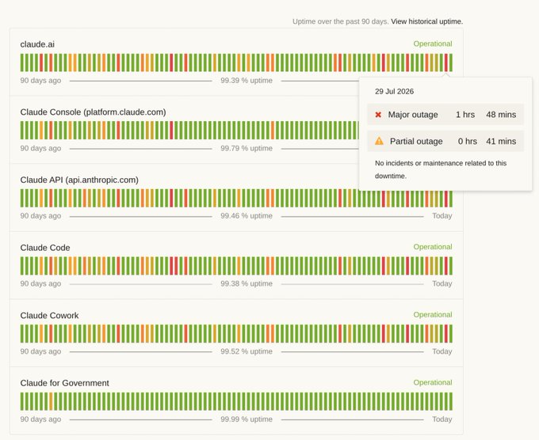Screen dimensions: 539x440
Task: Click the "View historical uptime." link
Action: [427, 21]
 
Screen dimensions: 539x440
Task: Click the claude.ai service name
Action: [37, 44]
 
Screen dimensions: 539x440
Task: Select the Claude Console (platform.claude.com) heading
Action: [94, 112]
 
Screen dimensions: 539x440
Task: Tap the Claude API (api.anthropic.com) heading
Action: [79, 180]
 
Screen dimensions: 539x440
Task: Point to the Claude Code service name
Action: [45, 248]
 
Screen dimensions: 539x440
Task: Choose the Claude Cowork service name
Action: [49, 316]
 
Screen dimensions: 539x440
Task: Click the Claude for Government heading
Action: [65, 383]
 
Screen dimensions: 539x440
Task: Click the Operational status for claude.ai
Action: [433, 44]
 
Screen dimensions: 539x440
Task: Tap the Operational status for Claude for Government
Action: [433, 382]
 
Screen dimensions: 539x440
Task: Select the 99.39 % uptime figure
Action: [247, 80]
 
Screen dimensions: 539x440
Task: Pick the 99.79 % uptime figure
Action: [247, 148]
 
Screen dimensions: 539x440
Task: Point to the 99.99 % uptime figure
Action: [247, 419]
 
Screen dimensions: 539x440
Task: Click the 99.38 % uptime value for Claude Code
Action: [247, 283]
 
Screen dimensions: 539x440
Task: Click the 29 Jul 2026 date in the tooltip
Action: [394, 91]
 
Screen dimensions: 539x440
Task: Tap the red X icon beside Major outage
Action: [378, 115]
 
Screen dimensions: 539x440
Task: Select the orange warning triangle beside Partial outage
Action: [379, 141]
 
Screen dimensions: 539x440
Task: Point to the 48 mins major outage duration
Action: [501, 115]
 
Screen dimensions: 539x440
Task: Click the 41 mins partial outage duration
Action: [501, 141]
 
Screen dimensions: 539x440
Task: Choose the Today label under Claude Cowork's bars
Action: [442, 351]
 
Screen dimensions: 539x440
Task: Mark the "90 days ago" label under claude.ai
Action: [40, 80]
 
